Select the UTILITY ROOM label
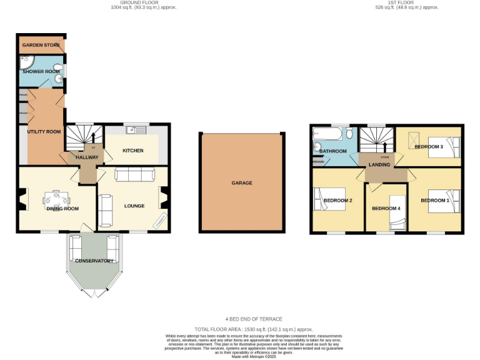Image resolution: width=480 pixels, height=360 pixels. [43, 132]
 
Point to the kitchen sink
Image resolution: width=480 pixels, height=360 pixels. [132, 130]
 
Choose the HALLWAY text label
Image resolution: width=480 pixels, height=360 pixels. [87, 157]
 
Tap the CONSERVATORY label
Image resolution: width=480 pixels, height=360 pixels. [94, 261]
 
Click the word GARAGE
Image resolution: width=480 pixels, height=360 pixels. [242, 183]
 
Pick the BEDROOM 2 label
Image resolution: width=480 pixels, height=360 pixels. [338, 201]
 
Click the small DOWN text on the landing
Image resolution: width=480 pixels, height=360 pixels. [385, 157]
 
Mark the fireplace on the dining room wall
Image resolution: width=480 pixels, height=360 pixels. [22, 201]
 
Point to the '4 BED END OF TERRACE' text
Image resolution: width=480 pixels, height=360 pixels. [254, 319]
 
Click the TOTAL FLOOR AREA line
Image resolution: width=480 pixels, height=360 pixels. [254, 329]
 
